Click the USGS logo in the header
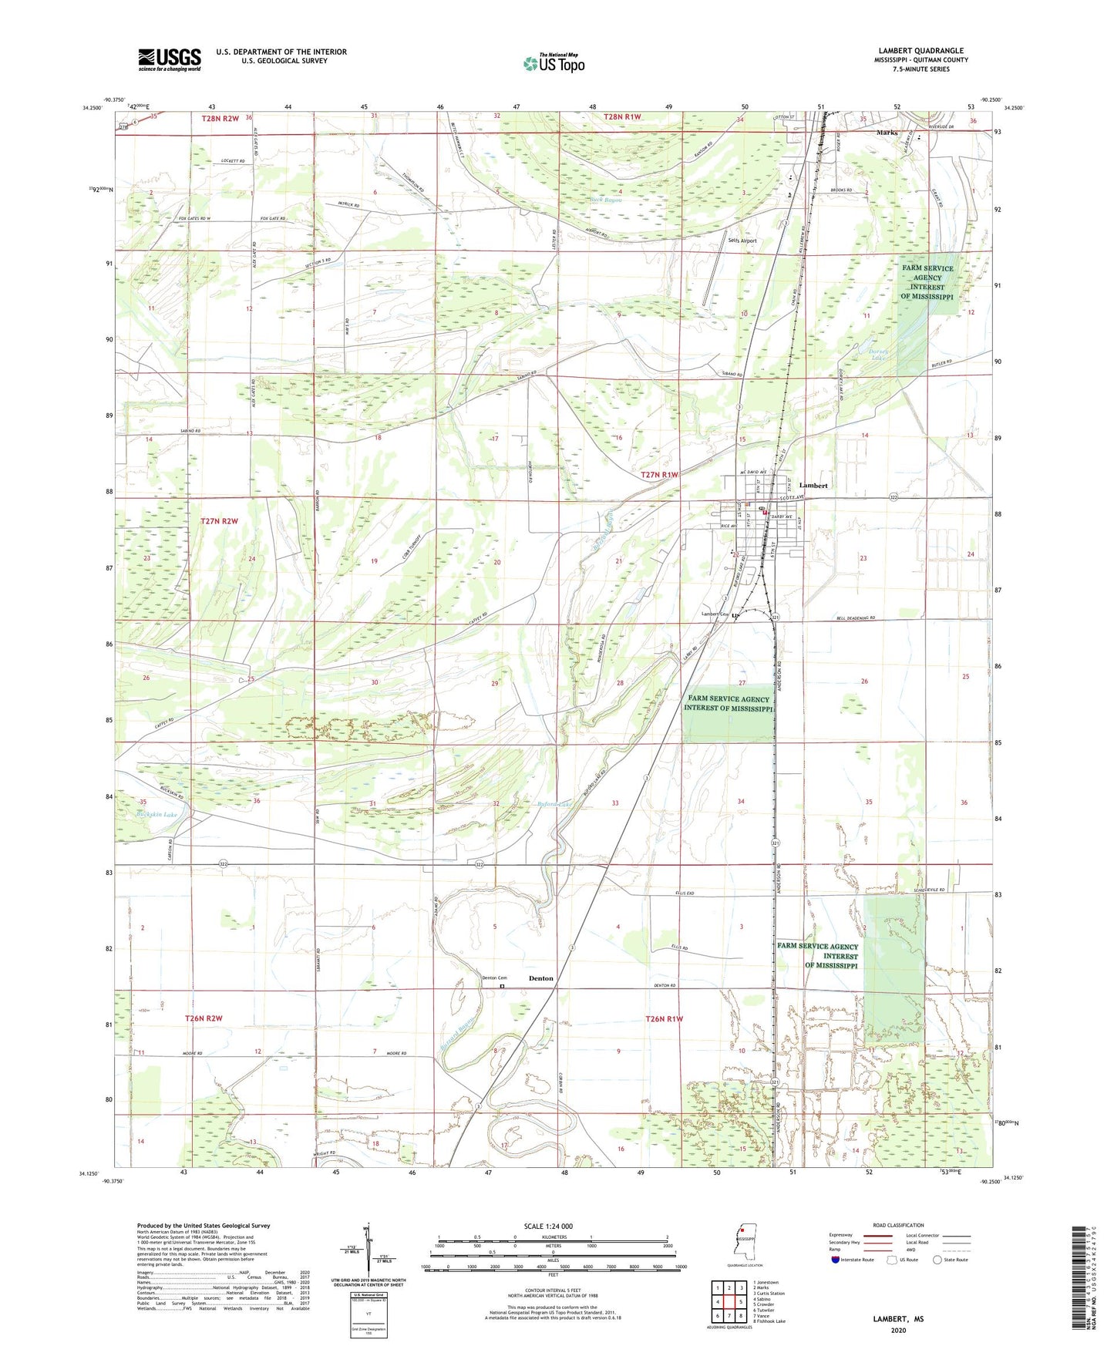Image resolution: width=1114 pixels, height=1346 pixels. tap(170, 59)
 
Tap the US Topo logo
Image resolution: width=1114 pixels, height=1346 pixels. tap(553, 62)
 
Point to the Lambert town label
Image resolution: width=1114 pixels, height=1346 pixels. tap(813, 486)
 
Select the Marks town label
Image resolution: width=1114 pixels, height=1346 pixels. tap(887, 133)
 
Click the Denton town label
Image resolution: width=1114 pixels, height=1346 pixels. tap(540, 978)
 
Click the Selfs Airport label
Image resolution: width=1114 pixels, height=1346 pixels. tap(742, 241)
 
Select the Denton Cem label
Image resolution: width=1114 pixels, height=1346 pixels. tap(494, 978)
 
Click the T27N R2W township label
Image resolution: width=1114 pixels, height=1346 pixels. tap(220, 521)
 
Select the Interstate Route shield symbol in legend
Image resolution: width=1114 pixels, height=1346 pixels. tap(836, 1260)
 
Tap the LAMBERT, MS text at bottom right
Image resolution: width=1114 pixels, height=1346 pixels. tap(898, 1319)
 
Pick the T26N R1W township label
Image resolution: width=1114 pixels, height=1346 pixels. tap(664, 1018)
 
